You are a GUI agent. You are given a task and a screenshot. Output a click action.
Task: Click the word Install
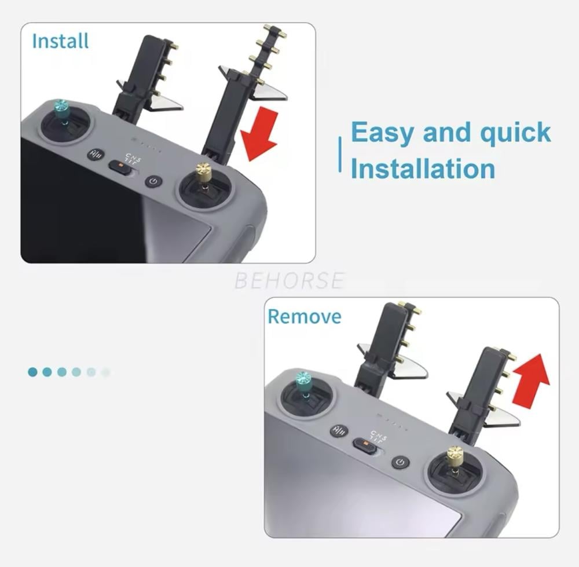click(60, 41)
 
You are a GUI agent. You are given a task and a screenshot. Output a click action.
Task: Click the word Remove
click(305, 317)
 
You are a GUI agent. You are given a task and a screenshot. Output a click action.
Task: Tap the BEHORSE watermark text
click(289, 280)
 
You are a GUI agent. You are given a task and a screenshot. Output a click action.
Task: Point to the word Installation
click(423, 168)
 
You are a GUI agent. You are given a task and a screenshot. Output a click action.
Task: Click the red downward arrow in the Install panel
click(259, 133)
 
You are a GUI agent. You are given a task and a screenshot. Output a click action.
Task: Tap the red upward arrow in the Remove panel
click(531, 379)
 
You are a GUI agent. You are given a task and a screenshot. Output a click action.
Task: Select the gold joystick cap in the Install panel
click(204, 172)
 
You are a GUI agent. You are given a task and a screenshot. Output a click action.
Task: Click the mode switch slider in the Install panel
click(120, 166)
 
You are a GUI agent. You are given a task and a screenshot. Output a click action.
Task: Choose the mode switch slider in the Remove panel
click(365, 445)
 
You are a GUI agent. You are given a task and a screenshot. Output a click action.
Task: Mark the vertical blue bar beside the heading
click(340, 154)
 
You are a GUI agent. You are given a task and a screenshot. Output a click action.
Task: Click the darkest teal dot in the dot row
click(32, 372)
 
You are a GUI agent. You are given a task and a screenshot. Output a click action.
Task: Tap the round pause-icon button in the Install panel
click(96, 155)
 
